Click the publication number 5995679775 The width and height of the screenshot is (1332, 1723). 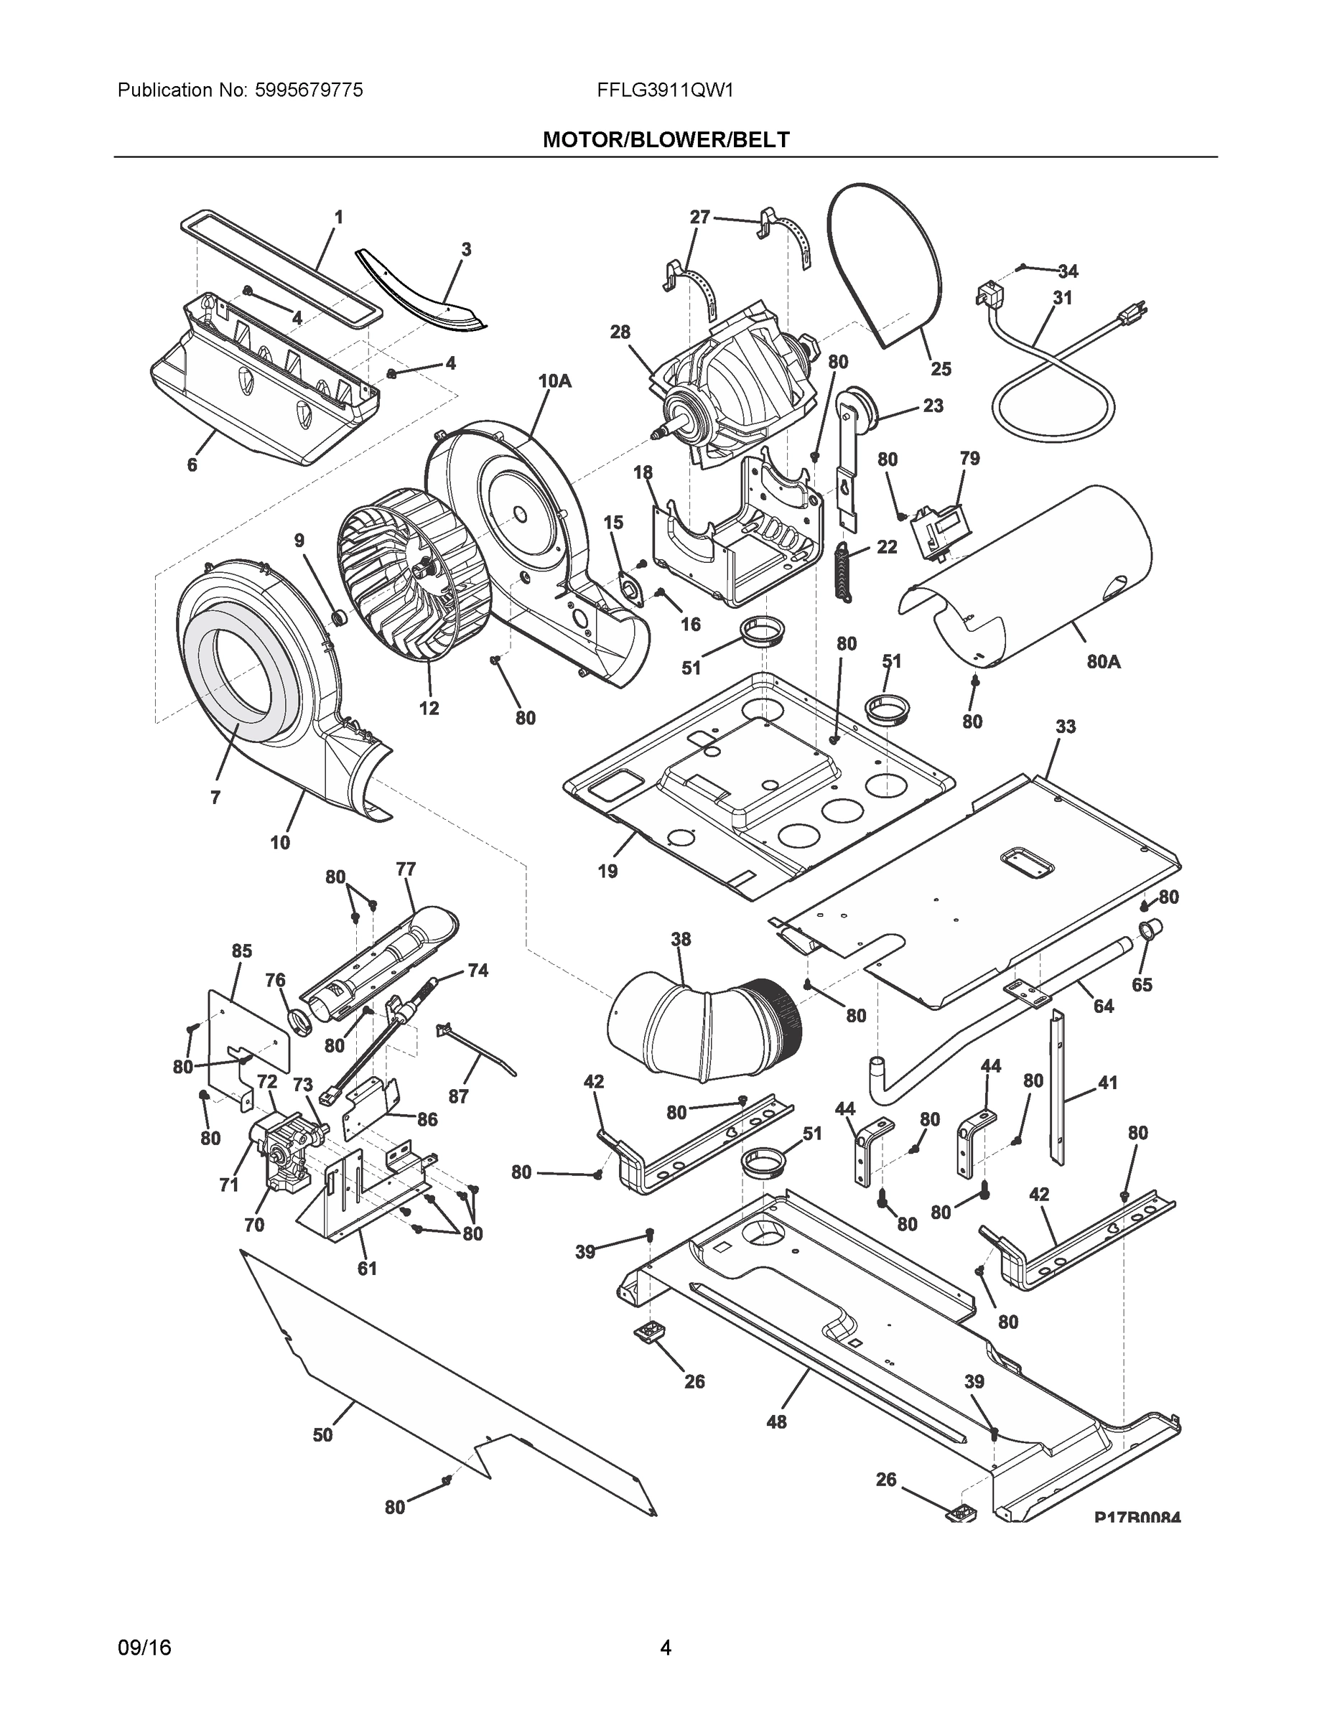point(309,90)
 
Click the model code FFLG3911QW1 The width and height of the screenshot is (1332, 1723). point(665,90)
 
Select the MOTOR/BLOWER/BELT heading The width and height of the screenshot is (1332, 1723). point(665,141)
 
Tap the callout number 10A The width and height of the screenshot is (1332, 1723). point(555,381)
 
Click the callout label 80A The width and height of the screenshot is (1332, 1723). point(1103,662)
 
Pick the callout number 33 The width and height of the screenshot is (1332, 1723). point(1066,727)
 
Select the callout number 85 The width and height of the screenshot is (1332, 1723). point(241,951)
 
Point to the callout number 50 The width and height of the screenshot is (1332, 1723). point(322,1435)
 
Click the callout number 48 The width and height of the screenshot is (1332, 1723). point(776,1421)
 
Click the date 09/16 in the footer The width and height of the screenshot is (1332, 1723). point(144,1648)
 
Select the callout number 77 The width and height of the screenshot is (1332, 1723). point(406,869)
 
